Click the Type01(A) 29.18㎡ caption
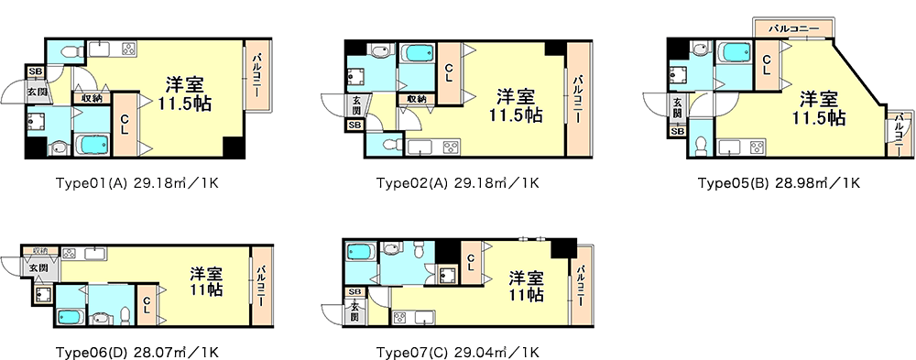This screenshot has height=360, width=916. pyautogui.click(x=137, y=183)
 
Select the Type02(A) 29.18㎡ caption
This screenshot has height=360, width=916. pyautogui.click(x=457, y=183)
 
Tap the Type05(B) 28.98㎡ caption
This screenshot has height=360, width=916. pyautogui.click(x=779, y=183)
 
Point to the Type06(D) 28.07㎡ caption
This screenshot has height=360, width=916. pyautogui.click(x=136, y=353)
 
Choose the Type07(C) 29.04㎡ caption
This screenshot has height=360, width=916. pyautogui.click(x=457, y=353)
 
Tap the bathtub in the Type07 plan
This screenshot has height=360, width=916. pyautogui.click(x=360, y=253)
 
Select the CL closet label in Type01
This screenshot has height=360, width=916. pyautogui.click(x=125, y=125)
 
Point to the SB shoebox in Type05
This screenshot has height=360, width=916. pyautogui.click(x=677, y=132)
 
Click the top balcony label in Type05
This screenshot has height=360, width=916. pyautogui.click(x=792, y=27)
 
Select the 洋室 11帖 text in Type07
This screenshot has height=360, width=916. pyautogui.click(x=526, y=285)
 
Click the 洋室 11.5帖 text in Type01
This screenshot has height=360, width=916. pyautogui.click(x=184, y=93)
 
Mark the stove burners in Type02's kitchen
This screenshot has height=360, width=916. pyautogui.click(x=451, y=147)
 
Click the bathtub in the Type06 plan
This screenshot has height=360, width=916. pyautogui.click(x=71, y=317)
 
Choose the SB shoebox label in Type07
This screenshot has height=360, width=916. pyautogui.click(x=354, y=291)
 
